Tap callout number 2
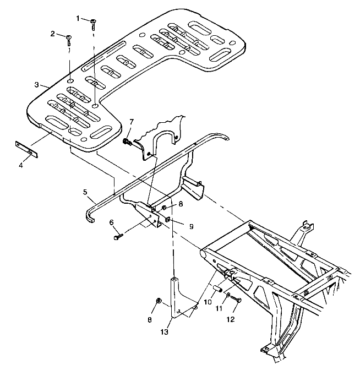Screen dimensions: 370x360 [53, 34]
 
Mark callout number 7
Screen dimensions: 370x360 [132, 121]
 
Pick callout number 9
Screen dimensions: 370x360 [176, 225]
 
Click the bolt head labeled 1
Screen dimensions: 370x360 [94, 21]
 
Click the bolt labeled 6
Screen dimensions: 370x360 [118, 237]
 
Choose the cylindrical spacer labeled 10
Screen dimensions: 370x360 [217, 289]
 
